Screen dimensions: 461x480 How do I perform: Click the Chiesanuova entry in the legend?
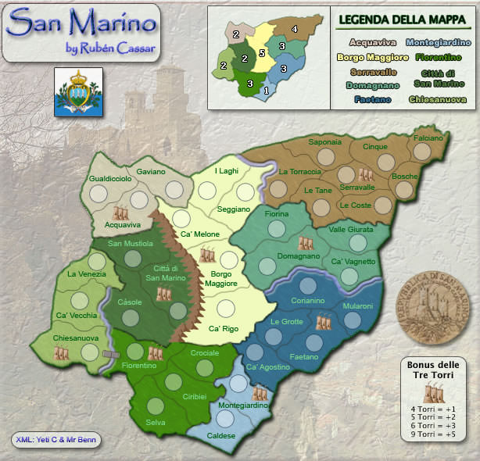pos(437,100)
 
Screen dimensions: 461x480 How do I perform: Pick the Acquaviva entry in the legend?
pos(373,42)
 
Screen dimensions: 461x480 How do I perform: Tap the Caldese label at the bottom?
pos(221,435)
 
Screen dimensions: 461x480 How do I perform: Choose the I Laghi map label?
pos(227,171)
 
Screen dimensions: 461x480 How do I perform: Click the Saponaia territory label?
pos(324,142)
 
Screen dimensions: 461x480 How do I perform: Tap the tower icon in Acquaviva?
pos(120,212)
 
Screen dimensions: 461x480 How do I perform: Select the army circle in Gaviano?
pos(174,188)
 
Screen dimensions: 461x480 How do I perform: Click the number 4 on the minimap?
pos(294,30)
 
